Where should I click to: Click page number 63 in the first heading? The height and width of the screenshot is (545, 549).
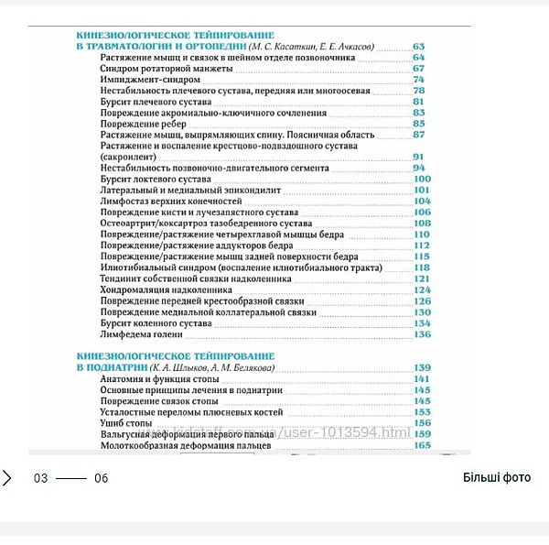pyautogui.click(x=419, y=46)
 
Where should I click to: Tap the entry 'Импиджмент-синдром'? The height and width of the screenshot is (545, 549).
pyautogui.click(x=138, y=80)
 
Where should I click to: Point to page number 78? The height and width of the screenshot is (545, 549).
pyautogui.click(x=419, y=91)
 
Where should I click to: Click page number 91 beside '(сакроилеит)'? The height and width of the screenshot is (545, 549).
pyautogui.click(x=419, y=157)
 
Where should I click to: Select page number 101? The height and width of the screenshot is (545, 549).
pyautogui.click(x=422, y=191)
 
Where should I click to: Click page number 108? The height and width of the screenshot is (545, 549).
pyautogui.click(x=422, y=223)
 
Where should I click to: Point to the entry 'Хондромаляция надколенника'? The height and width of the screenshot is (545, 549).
pyautogui.click(x=164, y=289)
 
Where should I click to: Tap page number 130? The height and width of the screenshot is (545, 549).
pyautogui.click(x=422, y=312)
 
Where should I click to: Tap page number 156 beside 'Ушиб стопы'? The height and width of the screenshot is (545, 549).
pyautogui.click(x=422, y=423)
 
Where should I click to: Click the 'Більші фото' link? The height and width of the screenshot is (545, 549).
pyautogui.click(x=496, y=477)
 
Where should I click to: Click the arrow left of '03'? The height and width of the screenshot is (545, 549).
pyautogui.click(x=7, y=477)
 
